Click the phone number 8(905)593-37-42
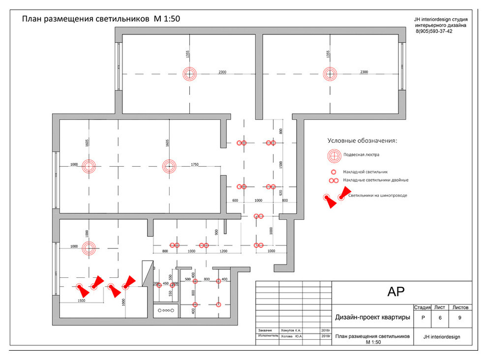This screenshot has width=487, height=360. point(434,31)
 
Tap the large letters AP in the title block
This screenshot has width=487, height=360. point(396,292)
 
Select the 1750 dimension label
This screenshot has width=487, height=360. point(194,165)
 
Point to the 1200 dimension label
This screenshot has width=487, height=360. point(224,251)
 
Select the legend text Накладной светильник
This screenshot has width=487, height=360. point(365,172)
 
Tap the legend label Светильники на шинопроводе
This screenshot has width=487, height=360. point(377,195)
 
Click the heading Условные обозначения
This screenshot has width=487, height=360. point(363,141)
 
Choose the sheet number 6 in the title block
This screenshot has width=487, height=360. point(440,318)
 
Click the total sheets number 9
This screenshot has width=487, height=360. point(459,318)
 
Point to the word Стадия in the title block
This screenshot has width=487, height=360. point(423,307)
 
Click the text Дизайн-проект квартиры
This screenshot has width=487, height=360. point(372,318)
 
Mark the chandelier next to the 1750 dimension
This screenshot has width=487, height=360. point(170,166)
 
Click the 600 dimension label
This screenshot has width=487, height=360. point(235,201)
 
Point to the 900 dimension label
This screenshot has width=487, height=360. point(216,232)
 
